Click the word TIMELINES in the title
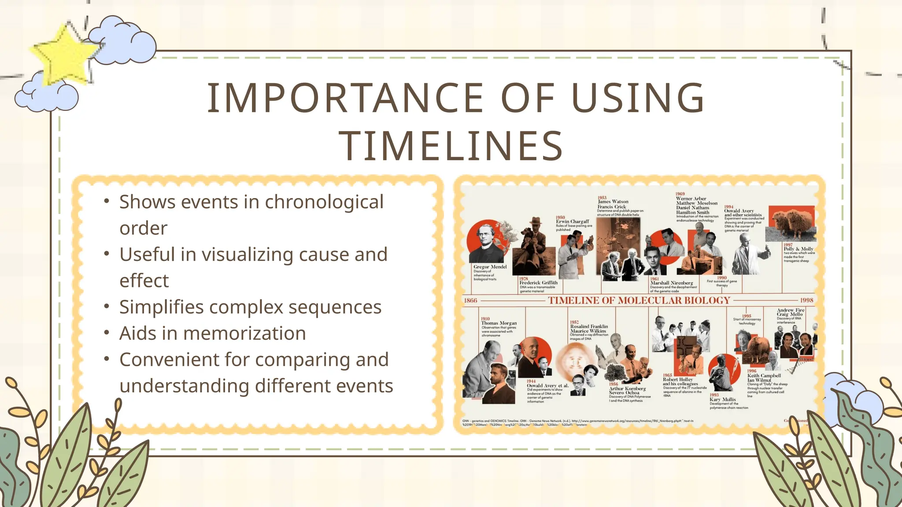tap(451, 146)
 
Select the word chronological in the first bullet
tap(324, 202)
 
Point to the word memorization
tap(244, 333)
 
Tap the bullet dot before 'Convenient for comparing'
tap(107, 359)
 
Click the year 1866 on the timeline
tap(470, 300)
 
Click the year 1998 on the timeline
tap(806, 300)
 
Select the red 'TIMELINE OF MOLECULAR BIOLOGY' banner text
tap(639, 300)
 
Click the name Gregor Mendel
tap(490, 267)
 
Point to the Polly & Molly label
tap(798, 249)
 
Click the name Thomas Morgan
tap(499, 323)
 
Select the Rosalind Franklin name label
tap(589, 327)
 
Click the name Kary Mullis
tap(722, 399)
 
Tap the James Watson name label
tap(613, 202)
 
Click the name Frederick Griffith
tap(538, 283)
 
